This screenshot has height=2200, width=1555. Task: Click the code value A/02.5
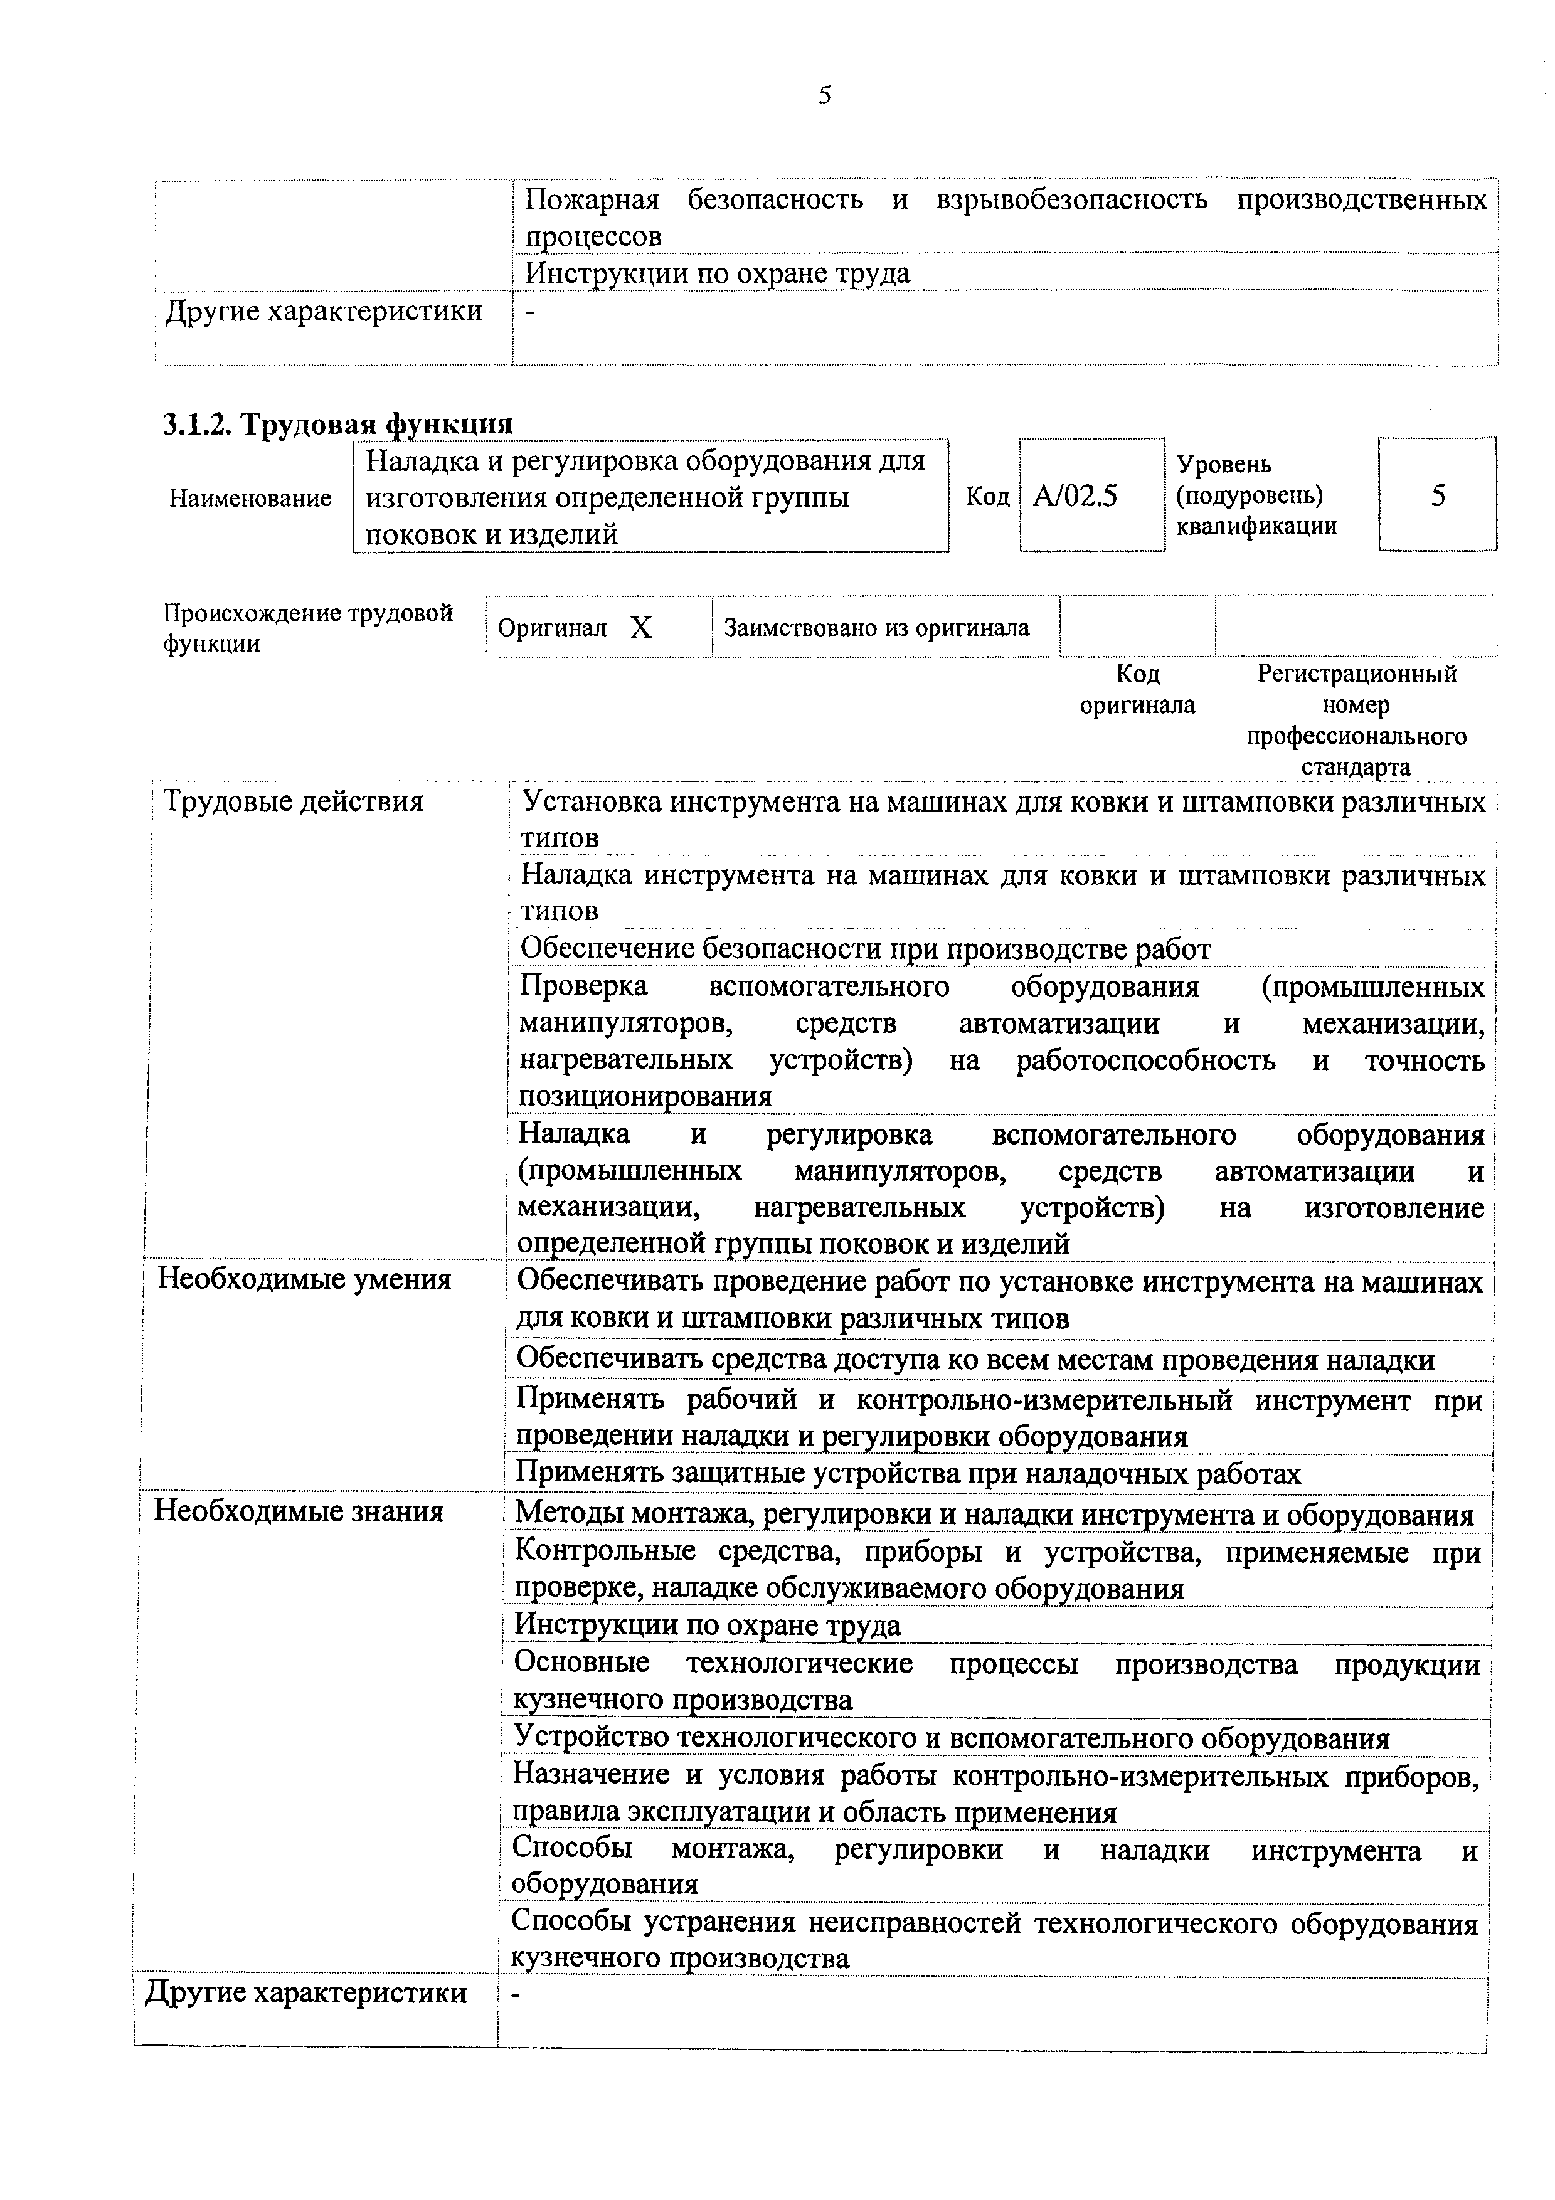[x=1075, y=496]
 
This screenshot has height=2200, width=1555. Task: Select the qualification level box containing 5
[x=1437, y=495]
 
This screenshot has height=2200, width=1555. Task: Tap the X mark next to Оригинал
[x=641, y=628]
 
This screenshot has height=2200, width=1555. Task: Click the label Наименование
[x=250, y=498]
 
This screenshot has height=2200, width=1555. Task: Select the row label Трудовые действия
[x=293, y=801]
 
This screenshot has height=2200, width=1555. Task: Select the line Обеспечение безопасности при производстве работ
[x=864, y=949]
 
